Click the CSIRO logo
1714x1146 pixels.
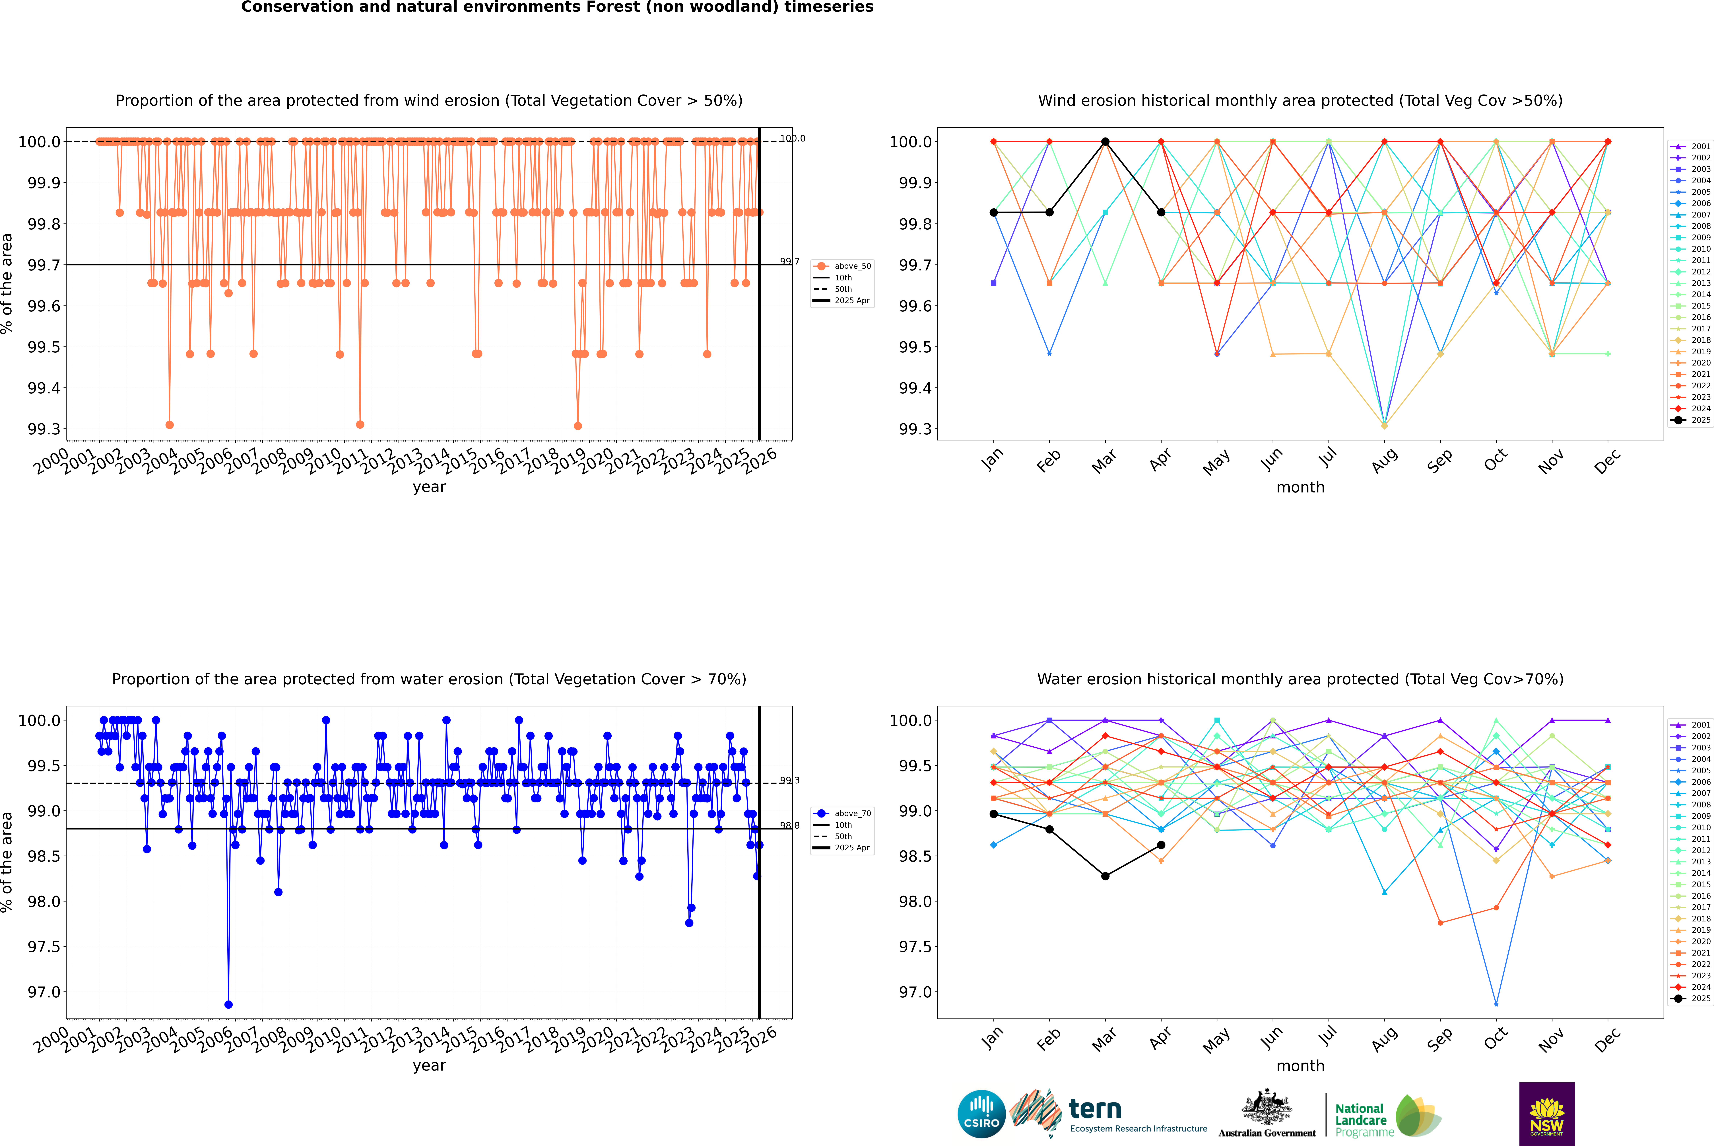pyautogui.click(x=981, y=1114)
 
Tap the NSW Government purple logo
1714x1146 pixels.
pyautogui.click(x=1547, y=1114)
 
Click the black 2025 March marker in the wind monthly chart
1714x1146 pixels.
pyautogui.click(x=1105, y=142)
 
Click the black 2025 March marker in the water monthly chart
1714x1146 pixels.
pyautogui.click(x=1105, y=876)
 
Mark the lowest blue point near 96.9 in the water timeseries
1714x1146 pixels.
pyautogui.click(x=229, y=1004)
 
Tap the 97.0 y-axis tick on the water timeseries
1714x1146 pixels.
pyautogui.click(x=44, y=992)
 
